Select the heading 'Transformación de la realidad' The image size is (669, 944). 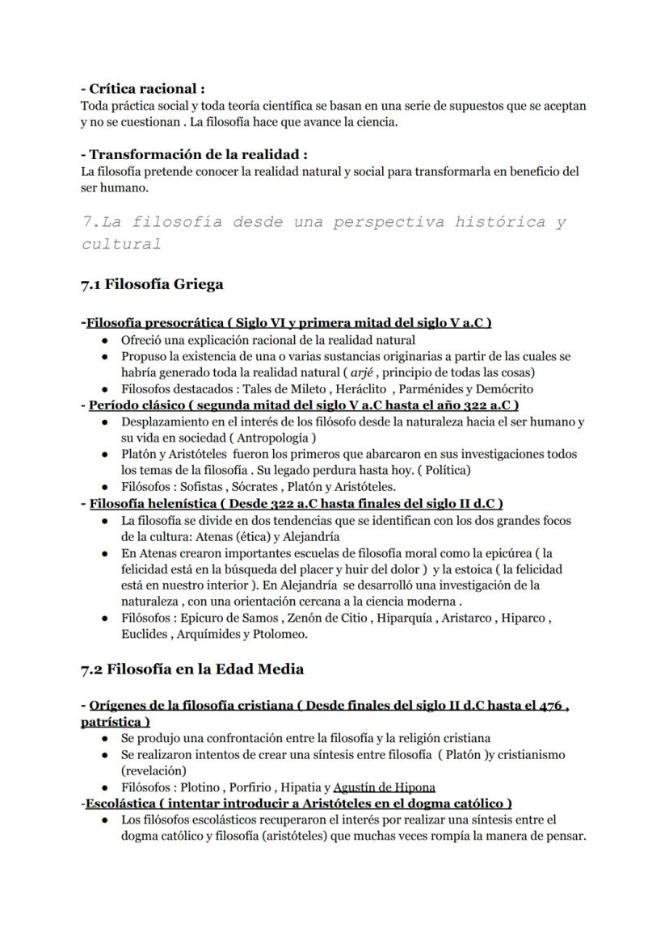tap(197, 154)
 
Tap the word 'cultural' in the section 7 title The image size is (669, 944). tap(121, 243)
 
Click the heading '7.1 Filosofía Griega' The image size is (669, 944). tap(152, 284)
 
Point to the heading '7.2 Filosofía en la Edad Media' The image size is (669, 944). tap(191, 669)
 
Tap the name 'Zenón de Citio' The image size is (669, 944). tap(332, 618)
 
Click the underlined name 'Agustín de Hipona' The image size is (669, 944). tap(385, 787)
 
